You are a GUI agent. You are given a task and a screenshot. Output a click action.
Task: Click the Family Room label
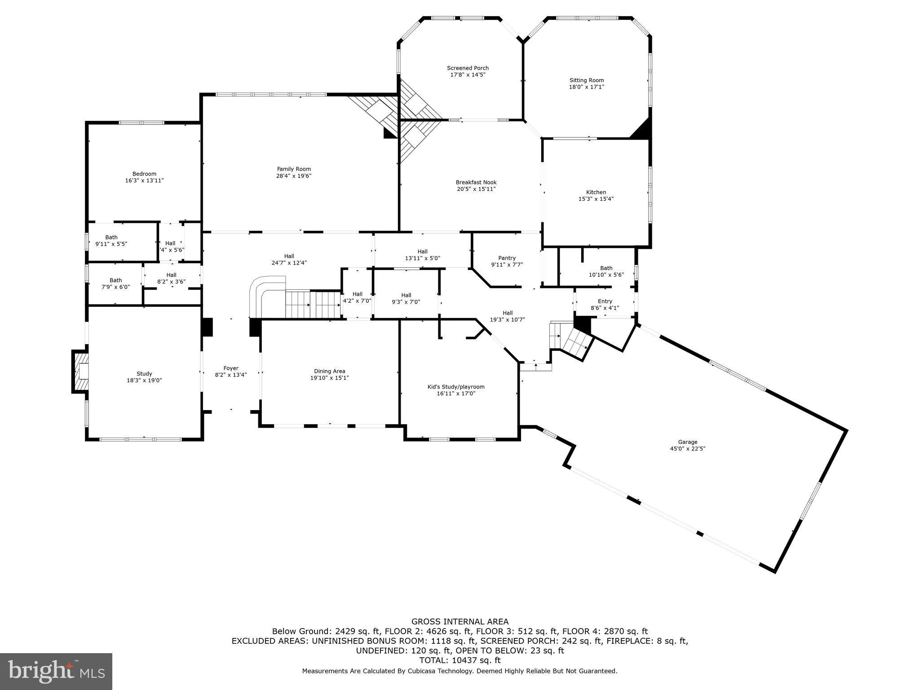point(294,169)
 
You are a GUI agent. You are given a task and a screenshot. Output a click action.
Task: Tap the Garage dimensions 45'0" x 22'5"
point(687,448)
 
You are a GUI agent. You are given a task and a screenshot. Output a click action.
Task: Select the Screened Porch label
point(468,68)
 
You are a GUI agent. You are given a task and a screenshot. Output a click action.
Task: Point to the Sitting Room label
point(586,80)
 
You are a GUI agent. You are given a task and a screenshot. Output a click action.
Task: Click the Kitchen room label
point(596,192)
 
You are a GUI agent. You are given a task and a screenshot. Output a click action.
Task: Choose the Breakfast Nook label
point(476,182)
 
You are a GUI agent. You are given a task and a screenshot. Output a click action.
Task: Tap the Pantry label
point(507,258)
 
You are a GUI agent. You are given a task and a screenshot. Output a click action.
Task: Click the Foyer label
point(231,368)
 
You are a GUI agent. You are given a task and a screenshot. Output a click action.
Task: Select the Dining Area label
point(329,371)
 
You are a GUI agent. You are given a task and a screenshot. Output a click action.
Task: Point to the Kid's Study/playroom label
point(456,387)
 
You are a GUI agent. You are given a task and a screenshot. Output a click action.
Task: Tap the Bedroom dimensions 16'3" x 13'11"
point(144,181)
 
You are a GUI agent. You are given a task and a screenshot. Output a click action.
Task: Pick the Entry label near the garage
point(605,301)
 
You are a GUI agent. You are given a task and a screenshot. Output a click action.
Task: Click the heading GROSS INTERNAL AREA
point(460,622)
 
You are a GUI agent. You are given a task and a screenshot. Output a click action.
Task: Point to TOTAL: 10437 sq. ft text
point(460,660)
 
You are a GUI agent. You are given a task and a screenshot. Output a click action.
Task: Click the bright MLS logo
point(56,672)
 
